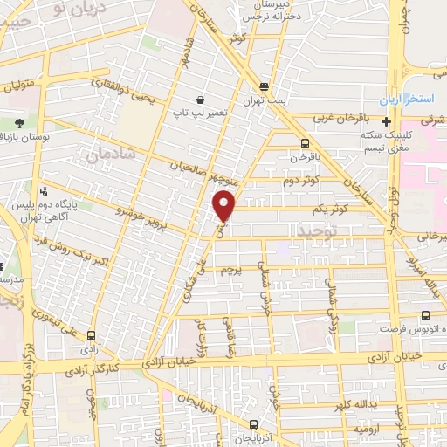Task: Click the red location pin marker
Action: click(225, 205)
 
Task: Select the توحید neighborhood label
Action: click(317, 230)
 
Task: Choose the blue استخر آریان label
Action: click(414, 100)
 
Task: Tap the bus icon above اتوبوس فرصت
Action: click(424, 316)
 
